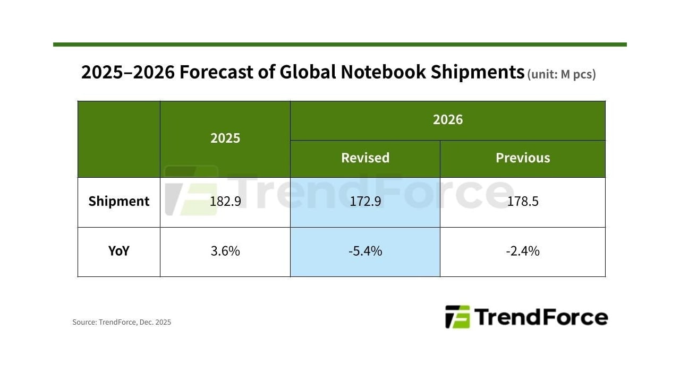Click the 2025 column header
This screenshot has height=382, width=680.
coord(225,138)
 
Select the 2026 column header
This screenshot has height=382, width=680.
coord(447,120)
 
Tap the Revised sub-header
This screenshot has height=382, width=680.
coord(365,158)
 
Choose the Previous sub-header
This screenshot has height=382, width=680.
coord(523,158)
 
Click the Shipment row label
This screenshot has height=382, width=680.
coord(119,202)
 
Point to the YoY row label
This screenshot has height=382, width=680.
coord(119,251)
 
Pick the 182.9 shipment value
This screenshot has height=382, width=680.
coord(225,202)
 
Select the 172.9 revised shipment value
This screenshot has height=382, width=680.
coord(365,202)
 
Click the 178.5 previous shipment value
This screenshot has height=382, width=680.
coord(523,202)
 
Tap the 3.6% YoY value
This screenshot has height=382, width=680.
coord(225,251)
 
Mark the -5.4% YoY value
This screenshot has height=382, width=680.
coord(365,251)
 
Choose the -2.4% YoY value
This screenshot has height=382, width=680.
coord(523,251)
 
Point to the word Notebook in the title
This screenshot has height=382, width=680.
coord(382,72)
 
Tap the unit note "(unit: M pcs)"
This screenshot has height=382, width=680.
coord(562,75)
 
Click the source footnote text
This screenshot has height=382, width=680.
coord(122,322)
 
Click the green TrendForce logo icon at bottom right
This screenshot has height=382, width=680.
coord(457,317)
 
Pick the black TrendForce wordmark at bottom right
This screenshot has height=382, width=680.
coord(541,317)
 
